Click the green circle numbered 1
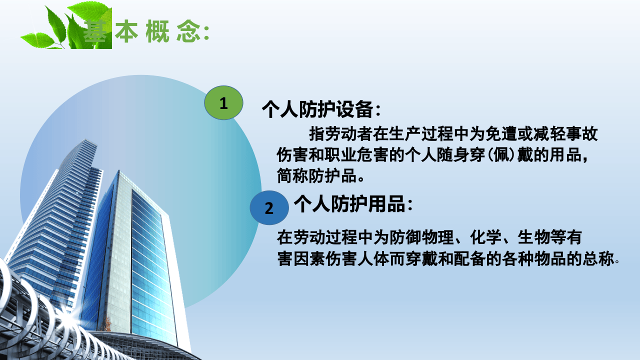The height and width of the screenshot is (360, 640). [x=223, y=103]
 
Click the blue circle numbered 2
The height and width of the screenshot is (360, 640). [x=269, y=207]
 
